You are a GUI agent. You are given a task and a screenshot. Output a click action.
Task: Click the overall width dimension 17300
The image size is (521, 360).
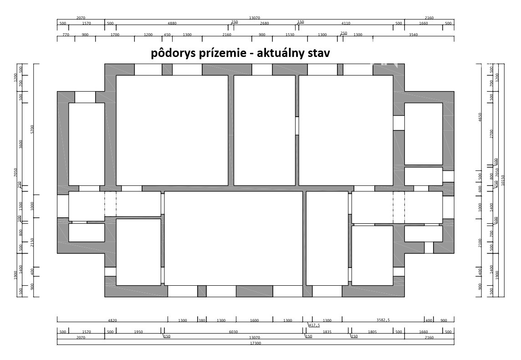pyautogui.click(x=255, y=343)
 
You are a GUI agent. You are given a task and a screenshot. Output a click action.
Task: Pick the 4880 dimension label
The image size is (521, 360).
pyautogui.click(x=172, y=23)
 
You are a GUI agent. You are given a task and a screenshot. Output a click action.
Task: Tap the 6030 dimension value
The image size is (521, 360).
pyautogui.click(x=233, y=332)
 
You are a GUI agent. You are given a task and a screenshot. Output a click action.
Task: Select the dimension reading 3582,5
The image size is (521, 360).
pyautogui.click(x=383, y=320)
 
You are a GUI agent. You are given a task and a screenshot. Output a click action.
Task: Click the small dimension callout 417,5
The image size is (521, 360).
pyautogui.click(x=314, y=325)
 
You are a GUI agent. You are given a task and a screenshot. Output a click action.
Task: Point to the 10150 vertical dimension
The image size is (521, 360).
pyautogui.click(x=502, y=180)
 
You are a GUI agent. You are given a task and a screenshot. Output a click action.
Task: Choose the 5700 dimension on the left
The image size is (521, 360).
pyautogui.click(x=32, y=129)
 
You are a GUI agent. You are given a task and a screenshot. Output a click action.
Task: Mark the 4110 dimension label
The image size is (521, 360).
pyautogui.click(x=346, y=23)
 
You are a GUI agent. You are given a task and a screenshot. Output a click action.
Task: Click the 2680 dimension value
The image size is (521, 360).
pyautogui.click(x=265, y=23)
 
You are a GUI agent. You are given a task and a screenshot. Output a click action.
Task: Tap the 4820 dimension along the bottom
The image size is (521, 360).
pyautogui.click(x=112, y=320)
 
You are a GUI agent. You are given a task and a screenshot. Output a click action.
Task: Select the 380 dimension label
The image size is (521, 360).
pyautogui.click(x=202, y=320)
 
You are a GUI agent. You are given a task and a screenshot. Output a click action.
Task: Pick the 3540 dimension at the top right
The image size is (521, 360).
pyautogui.click(x=414, y=35)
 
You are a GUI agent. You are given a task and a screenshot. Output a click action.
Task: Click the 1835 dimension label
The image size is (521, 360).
pyautogui.click(x=327, y=332)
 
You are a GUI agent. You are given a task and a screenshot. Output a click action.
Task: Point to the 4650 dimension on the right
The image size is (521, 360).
pyautogui.click(x=480, y=117)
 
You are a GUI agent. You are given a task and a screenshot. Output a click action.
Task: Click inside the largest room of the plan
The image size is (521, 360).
pyautogui.click(x=233, y=238)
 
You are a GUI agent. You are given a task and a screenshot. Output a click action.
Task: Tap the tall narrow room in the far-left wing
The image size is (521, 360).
pyautogui.click(x=87, y=144)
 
